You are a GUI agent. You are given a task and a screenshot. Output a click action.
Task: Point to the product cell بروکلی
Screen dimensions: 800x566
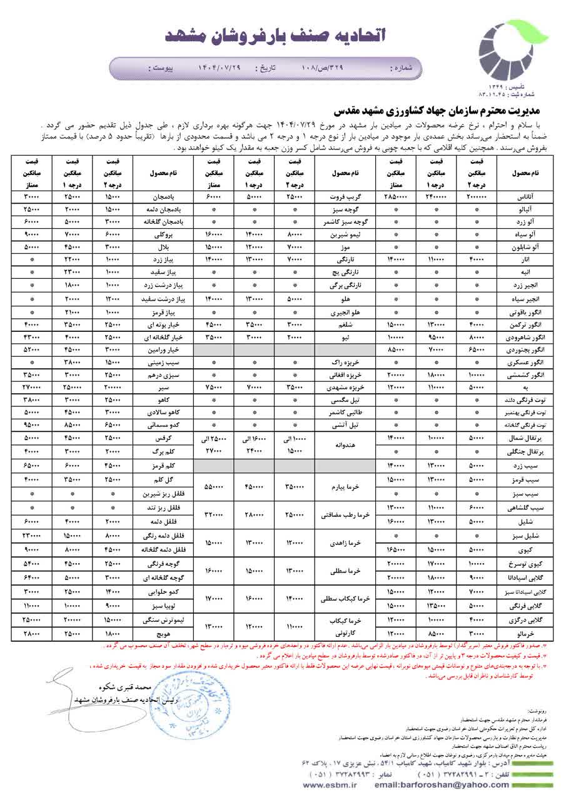tap(165, 234)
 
